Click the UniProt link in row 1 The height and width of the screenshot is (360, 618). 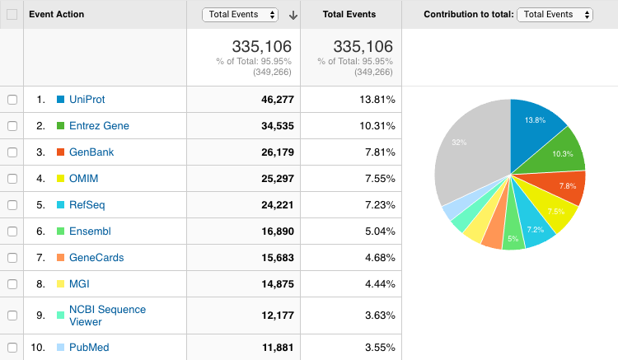click(87, 100)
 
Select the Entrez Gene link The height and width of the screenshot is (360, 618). click(99, 126)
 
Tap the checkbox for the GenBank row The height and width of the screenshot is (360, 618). click(12, 152)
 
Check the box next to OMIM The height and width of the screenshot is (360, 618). click(12, 179)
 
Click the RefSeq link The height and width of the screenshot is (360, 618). click(87, 205)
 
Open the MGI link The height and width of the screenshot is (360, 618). click(79, 284)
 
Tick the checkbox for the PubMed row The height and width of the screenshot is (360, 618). click(12, 348)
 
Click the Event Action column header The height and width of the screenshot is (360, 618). click(57, 14)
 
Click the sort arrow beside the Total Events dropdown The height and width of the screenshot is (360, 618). click(293, 15)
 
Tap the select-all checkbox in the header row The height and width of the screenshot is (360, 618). click(12, 14)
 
